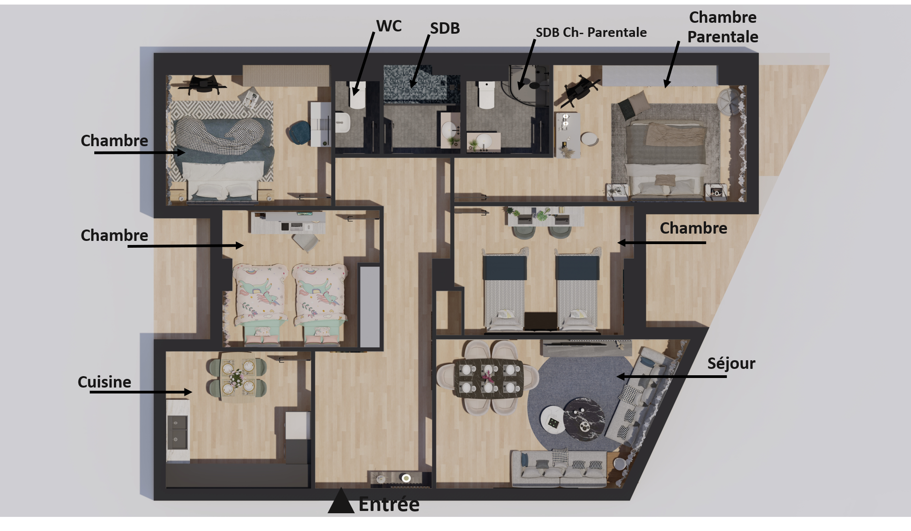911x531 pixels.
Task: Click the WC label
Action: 389,26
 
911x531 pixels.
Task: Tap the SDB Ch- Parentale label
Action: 591,32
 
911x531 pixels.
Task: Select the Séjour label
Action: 731,363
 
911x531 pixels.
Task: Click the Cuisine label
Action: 104,382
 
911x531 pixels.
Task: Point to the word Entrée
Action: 389,504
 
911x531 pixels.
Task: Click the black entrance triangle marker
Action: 341,501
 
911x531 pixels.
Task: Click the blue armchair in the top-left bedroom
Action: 299,132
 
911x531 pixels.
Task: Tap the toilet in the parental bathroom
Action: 486,95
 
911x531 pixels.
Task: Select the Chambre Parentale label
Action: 722,27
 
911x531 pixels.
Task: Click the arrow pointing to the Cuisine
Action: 141,392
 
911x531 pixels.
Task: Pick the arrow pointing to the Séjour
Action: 671,377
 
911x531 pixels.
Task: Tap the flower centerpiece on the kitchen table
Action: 236,377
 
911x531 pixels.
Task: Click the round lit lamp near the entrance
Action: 406,478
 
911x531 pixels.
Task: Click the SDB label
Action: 445,28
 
